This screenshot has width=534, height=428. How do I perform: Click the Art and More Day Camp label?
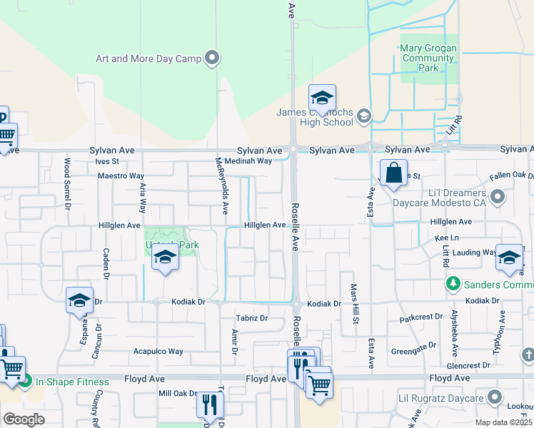click(x=148, y=58)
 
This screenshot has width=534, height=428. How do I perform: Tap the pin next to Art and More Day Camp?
click(x=212, y=58)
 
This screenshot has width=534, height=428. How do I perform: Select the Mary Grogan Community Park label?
click(x=428, y=58)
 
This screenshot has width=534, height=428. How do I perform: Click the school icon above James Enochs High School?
click(x=322, y=99)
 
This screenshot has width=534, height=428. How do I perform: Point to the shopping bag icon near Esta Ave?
click(x=393, y=173)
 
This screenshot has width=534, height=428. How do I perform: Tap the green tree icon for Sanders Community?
click(x=453, y=285)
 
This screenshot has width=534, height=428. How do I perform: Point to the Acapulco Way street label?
click(x=158, y=352)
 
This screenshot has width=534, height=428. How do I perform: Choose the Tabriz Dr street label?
click(x=252, y=318)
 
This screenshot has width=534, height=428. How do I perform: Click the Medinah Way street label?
click(x=248, y=161)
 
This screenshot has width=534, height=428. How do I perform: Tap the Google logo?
click(x=24, y=419)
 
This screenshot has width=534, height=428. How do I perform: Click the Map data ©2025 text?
click(x=503, y=422)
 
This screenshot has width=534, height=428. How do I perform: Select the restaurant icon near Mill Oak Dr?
click(x=210, y=405)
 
